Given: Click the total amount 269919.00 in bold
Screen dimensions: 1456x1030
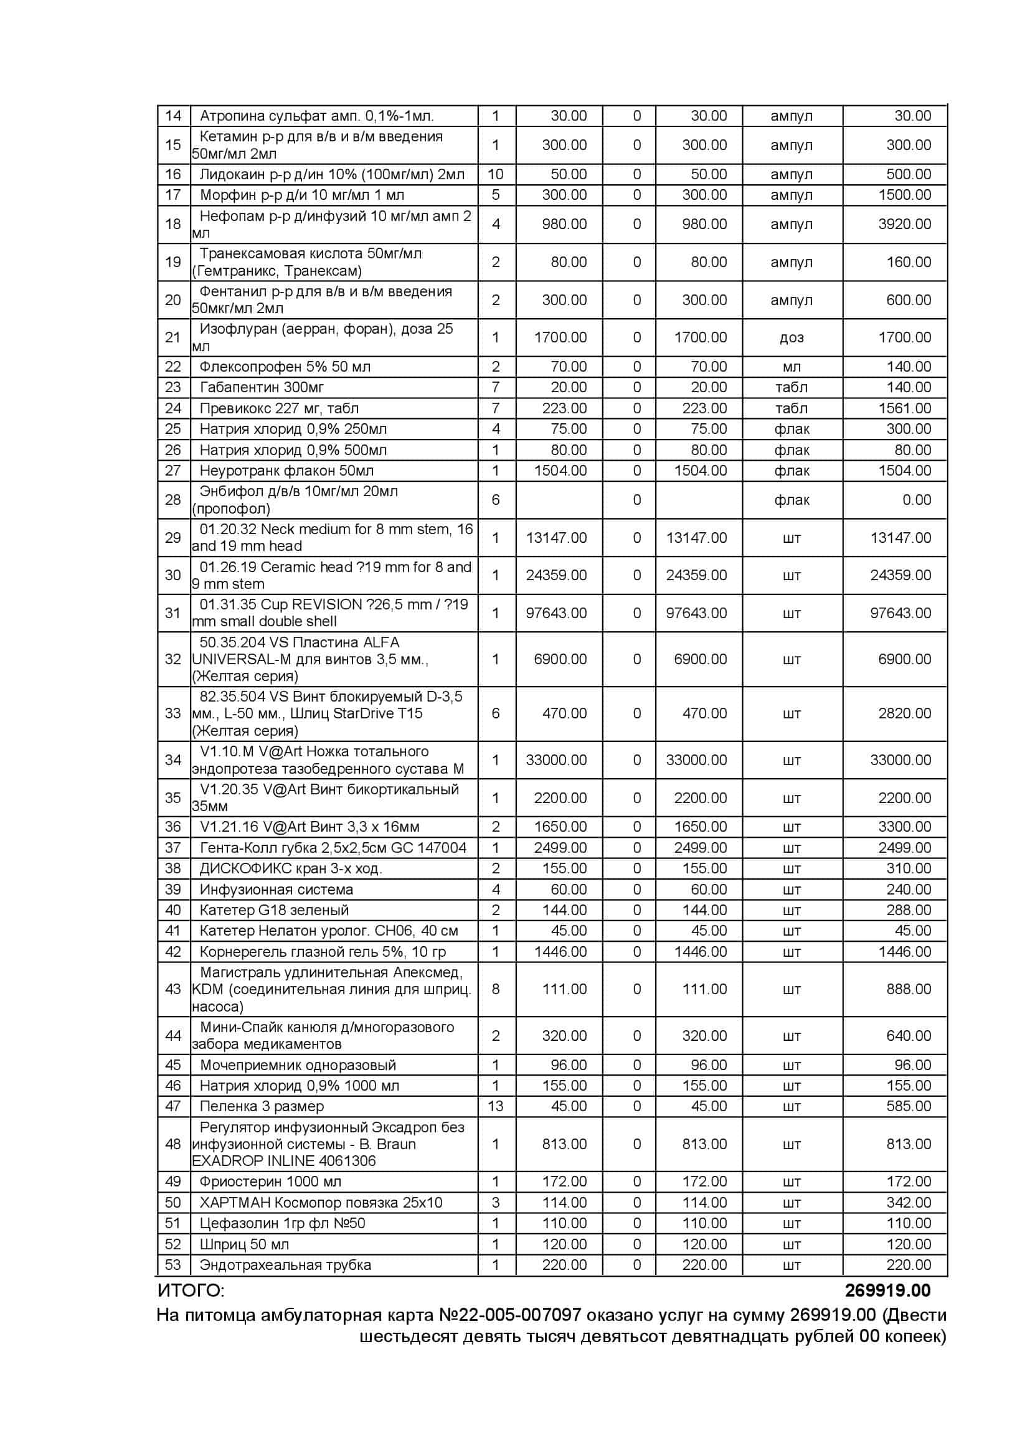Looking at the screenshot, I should [x=887, y=1290].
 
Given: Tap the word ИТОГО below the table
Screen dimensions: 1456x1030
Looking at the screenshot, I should [x=190, y=1290].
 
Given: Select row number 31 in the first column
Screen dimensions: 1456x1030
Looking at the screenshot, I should [x=172, y=613].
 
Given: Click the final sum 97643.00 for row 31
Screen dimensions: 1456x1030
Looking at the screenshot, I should [x=900, y=613].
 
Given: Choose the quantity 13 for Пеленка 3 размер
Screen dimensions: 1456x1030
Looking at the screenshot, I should [x=495, y=1107].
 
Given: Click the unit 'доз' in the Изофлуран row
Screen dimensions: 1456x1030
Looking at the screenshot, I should [x=791, y=337].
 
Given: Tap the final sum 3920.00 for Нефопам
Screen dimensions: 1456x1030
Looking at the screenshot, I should [x=904, y=224].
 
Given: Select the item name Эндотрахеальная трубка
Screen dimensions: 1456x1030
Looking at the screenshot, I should [x=285, y=1265].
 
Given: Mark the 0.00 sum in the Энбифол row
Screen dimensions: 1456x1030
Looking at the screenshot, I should [x=917, y=500].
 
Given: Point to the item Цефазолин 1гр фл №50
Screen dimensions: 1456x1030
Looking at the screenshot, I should [x=282, y=1223].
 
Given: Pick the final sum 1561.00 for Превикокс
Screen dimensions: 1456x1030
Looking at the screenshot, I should [x=904, y=408].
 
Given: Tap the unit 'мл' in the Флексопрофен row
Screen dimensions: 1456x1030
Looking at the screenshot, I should [x=791, y=367].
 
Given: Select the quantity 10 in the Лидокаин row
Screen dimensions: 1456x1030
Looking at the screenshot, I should [x=495, y=174].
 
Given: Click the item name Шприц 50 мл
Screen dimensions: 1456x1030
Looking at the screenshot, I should [x=244, y=1244].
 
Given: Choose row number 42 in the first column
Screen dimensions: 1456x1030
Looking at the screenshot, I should [x=172, y=952].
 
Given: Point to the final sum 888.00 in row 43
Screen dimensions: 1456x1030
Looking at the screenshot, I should [x=908, y=989].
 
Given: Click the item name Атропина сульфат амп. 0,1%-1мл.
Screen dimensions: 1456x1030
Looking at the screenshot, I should [x=316, y=116].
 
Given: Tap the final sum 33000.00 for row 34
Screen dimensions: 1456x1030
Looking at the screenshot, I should [x=900, y=759].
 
